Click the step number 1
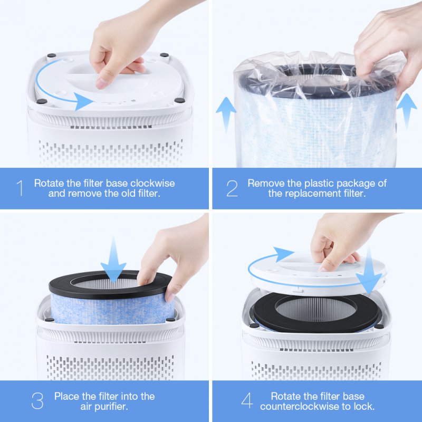[20, 188]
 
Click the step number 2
[232, 188]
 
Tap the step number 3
[37, 401]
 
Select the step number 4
[247, 401]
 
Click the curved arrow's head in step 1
[83, 101]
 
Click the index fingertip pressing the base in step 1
[101, 84]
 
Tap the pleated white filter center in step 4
[316, 310]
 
